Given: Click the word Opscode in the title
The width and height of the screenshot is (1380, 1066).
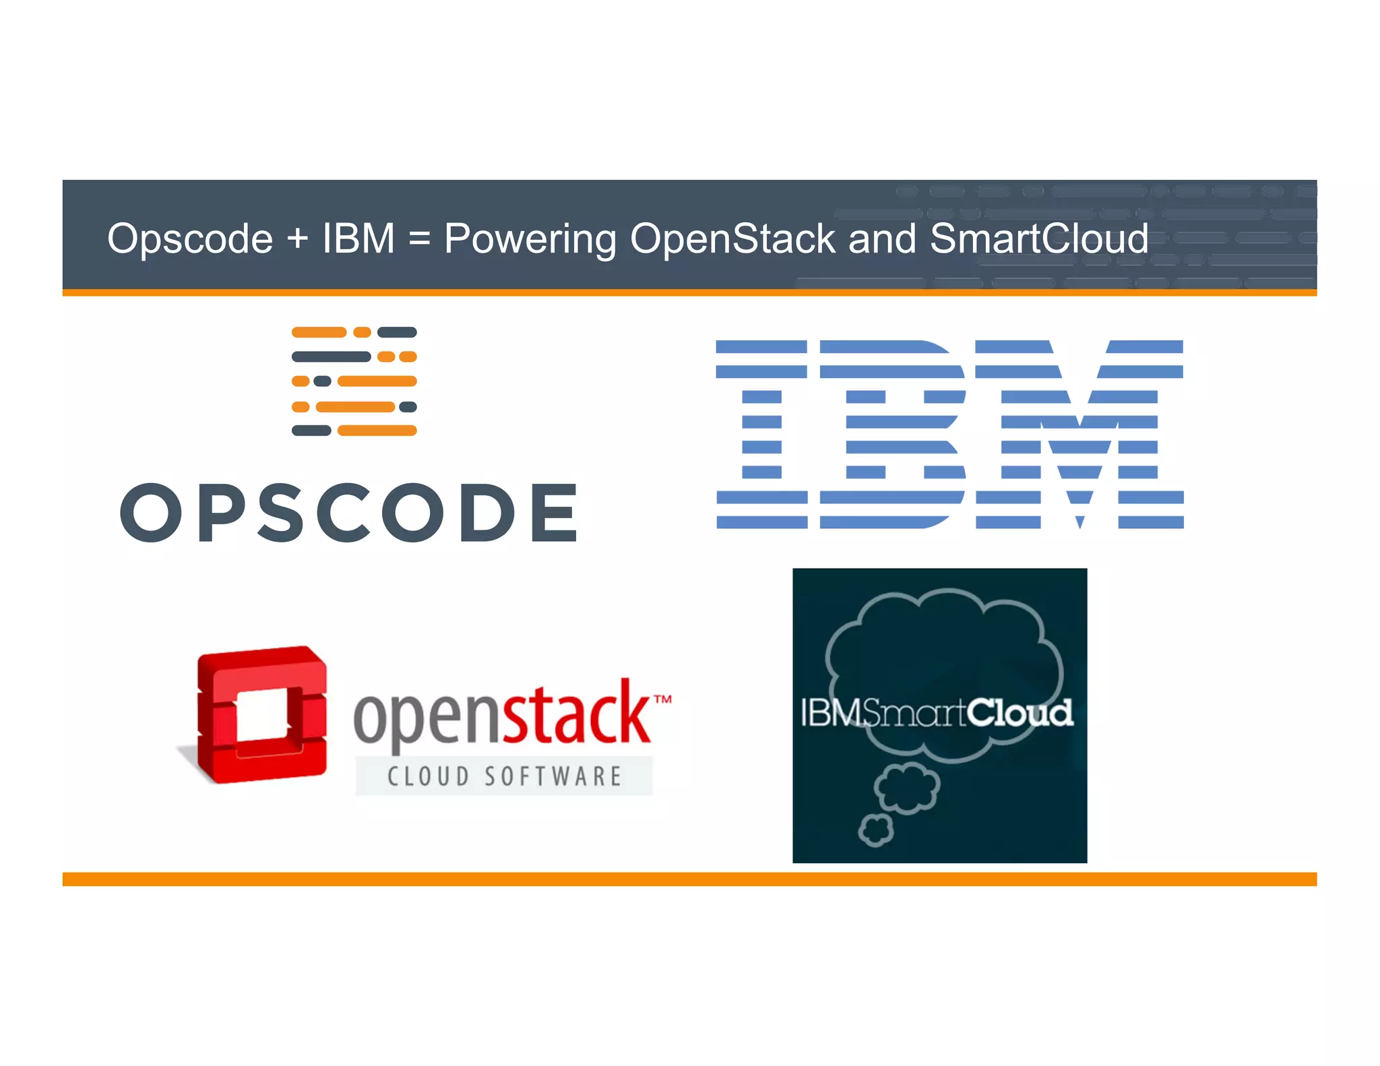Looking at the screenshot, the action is pos(190,239).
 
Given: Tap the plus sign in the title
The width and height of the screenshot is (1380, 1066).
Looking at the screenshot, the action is pos(297,239).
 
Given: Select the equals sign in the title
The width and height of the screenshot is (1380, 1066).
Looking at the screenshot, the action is pos(419,239).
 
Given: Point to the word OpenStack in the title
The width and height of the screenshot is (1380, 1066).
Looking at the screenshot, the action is pos(732,239).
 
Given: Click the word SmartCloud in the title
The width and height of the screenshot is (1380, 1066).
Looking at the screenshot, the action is pos(1038,239).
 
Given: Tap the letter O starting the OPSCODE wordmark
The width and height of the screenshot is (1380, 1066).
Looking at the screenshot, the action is pos(151,513).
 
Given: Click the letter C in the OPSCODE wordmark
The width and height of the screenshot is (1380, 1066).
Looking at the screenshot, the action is pos(343,513).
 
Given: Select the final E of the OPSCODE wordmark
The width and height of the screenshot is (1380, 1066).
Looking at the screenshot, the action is pos(554,513).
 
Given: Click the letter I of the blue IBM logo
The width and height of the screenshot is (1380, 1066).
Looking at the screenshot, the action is pos(761,435).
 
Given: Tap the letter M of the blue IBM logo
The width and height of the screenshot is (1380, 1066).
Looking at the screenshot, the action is pos(1079,435).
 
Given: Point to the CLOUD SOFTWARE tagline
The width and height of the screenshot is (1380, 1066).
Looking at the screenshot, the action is pos(504,776).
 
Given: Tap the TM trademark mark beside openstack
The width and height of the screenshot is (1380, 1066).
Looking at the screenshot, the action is pos(663,699).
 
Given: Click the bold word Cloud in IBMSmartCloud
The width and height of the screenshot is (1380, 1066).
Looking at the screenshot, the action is pos(1020,713).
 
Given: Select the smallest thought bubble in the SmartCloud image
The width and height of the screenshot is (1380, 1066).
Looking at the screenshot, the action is pos(875,831).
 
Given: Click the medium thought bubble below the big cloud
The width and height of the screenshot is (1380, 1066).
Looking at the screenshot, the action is pos(906,787).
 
